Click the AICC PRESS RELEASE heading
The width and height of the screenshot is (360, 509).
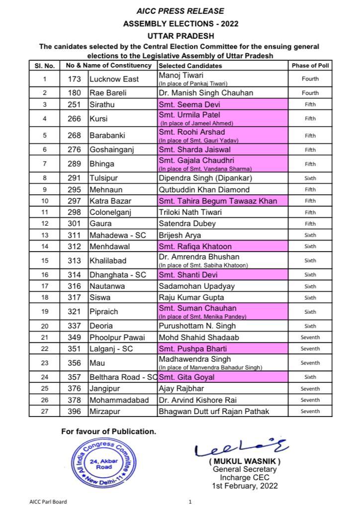click(180, 11)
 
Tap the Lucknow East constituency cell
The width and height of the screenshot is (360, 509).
click(114, 79)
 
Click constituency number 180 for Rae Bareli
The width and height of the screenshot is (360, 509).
click(74, 93)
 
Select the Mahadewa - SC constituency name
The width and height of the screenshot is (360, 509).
click(117, 235)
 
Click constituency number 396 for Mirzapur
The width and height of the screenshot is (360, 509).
click(74, 412)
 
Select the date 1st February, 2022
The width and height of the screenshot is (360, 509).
click(245, 486)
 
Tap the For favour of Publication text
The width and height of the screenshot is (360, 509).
click(108, 431)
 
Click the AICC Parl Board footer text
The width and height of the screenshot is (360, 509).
click(48, 502)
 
